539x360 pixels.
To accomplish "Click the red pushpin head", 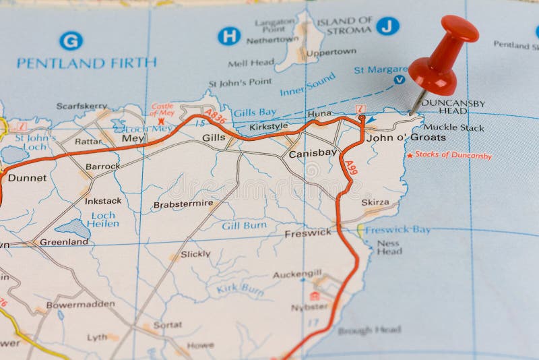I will pos(445,54).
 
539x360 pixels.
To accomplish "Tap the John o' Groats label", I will pos(416,138).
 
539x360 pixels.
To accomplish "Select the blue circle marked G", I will pos(71,40).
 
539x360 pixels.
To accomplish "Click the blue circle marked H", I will pos(229,36).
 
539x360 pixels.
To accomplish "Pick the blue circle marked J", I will pos(387,26).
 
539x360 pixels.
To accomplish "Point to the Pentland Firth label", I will pos(86,63).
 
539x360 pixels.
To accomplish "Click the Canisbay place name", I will pos(313,154).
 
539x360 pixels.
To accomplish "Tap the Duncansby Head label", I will pos(453,107).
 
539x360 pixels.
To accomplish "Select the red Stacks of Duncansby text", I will pos(453,155).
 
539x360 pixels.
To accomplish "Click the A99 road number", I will pos(351,168).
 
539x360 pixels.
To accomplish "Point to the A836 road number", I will pos(215,117).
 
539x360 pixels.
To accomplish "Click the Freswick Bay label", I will pos(398,229).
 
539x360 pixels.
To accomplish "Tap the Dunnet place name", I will pos(28,178).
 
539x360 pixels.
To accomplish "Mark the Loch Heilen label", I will pos(103,220).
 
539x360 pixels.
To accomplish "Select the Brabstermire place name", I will pos(183,204).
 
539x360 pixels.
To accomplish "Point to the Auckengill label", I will pos(297,274).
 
